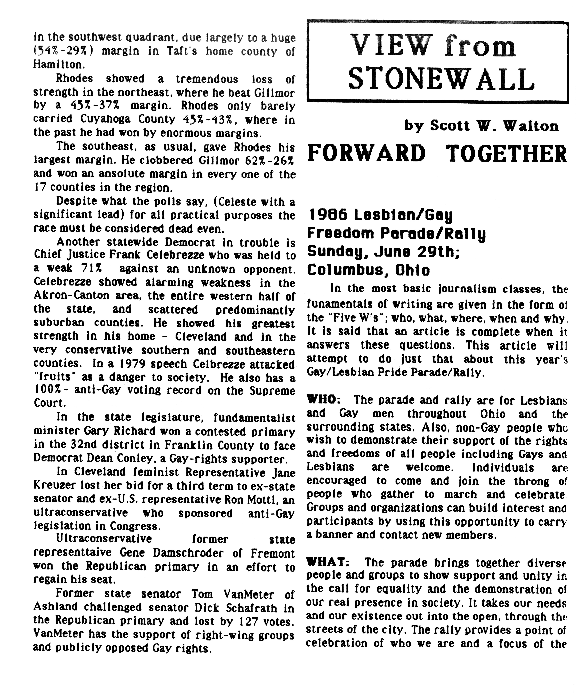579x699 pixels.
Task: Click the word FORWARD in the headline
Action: tap(366, 153)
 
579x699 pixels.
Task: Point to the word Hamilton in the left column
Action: tap(57, 64)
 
